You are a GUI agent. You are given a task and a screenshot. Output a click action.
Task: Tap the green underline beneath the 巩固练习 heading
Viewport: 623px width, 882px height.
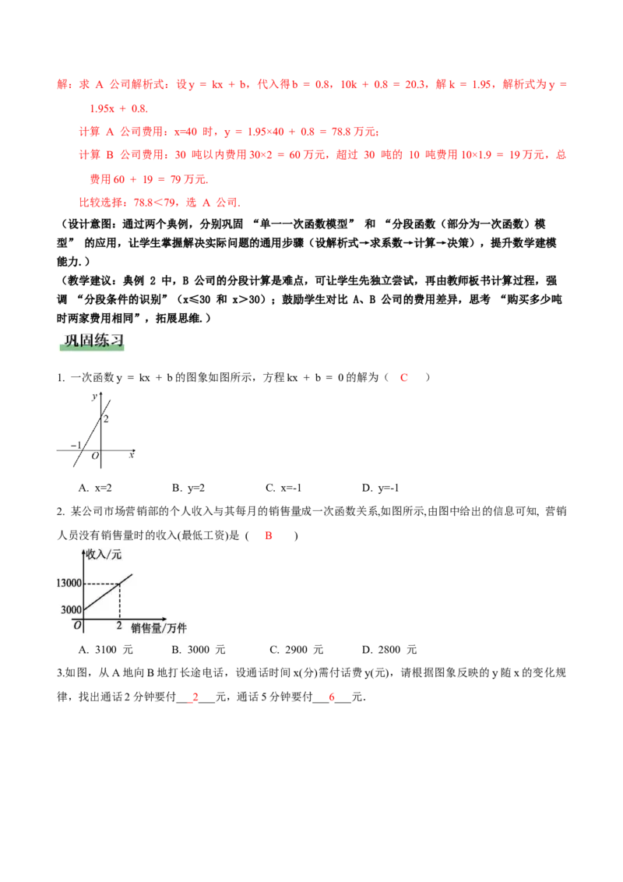(x=90, y=352)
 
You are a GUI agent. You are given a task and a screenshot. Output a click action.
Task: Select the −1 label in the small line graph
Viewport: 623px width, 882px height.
(x=76, y=446)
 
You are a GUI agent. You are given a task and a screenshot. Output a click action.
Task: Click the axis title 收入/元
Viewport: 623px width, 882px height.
(x=106, y=554)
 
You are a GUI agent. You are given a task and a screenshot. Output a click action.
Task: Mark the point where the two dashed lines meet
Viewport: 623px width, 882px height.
(x=119, y=584)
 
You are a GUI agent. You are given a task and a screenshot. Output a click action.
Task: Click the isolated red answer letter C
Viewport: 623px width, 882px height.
(x=404, y=378)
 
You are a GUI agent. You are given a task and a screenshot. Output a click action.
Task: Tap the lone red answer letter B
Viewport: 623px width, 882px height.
(x=268, y=536)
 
